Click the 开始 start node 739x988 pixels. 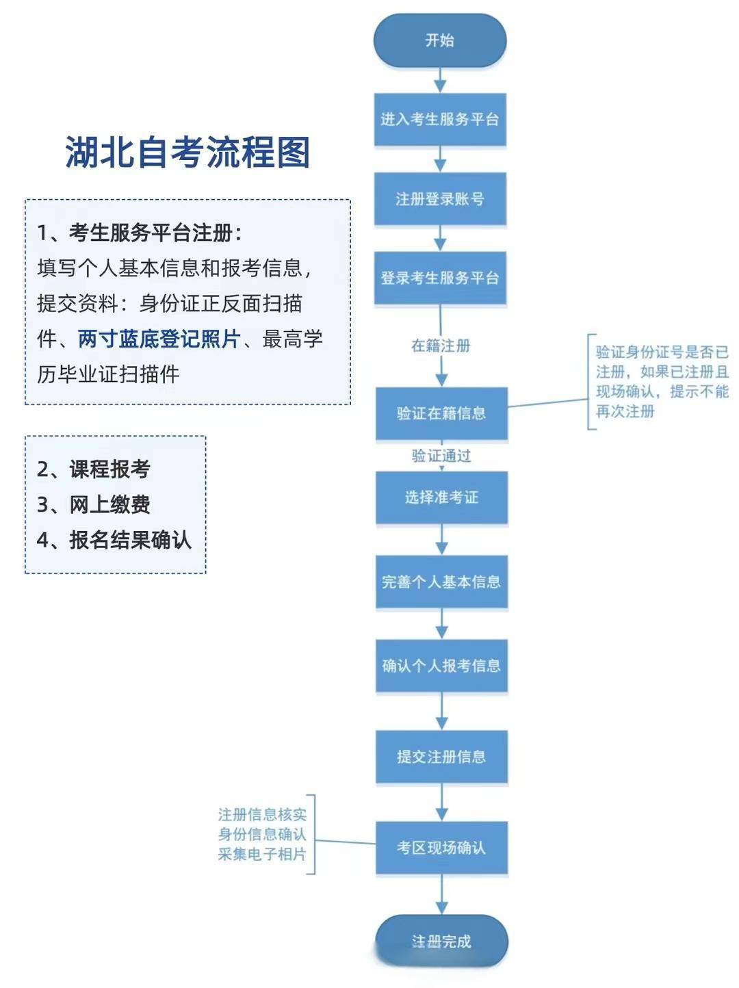(440, 40)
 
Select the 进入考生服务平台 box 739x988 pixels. (440, 119)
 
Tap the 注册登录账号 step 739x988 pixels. (440, 198)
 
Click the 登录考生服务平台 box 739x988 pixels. (440, 278)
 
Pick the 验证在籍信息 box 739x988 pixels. (441, 413)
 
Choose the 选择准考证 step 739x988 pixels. (441, 497)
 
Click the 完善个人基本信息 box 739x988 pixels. (441, 582)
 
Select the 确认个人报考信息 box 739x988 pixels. (441, 666)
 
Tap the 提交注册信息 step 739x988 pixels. (441, 757)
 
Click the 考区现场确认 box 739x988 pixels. (441, 848)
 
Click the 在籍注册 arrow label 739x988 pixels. (441, 346)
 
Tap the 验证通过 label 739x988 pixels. (441, 456)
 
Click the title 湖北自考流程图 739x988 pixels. (187, 152)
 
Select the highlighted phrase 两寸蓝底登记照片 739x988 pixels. (159, 339)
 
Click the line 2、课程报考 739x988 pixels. (94, 469)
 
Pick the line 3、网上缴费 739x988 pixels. (94, 504)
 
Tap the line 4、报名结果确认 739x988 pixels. (114, 540)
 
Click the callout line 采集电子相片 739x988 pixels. (262, 854)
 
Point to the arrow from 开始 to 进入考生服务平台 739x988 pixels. (440, 80)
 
